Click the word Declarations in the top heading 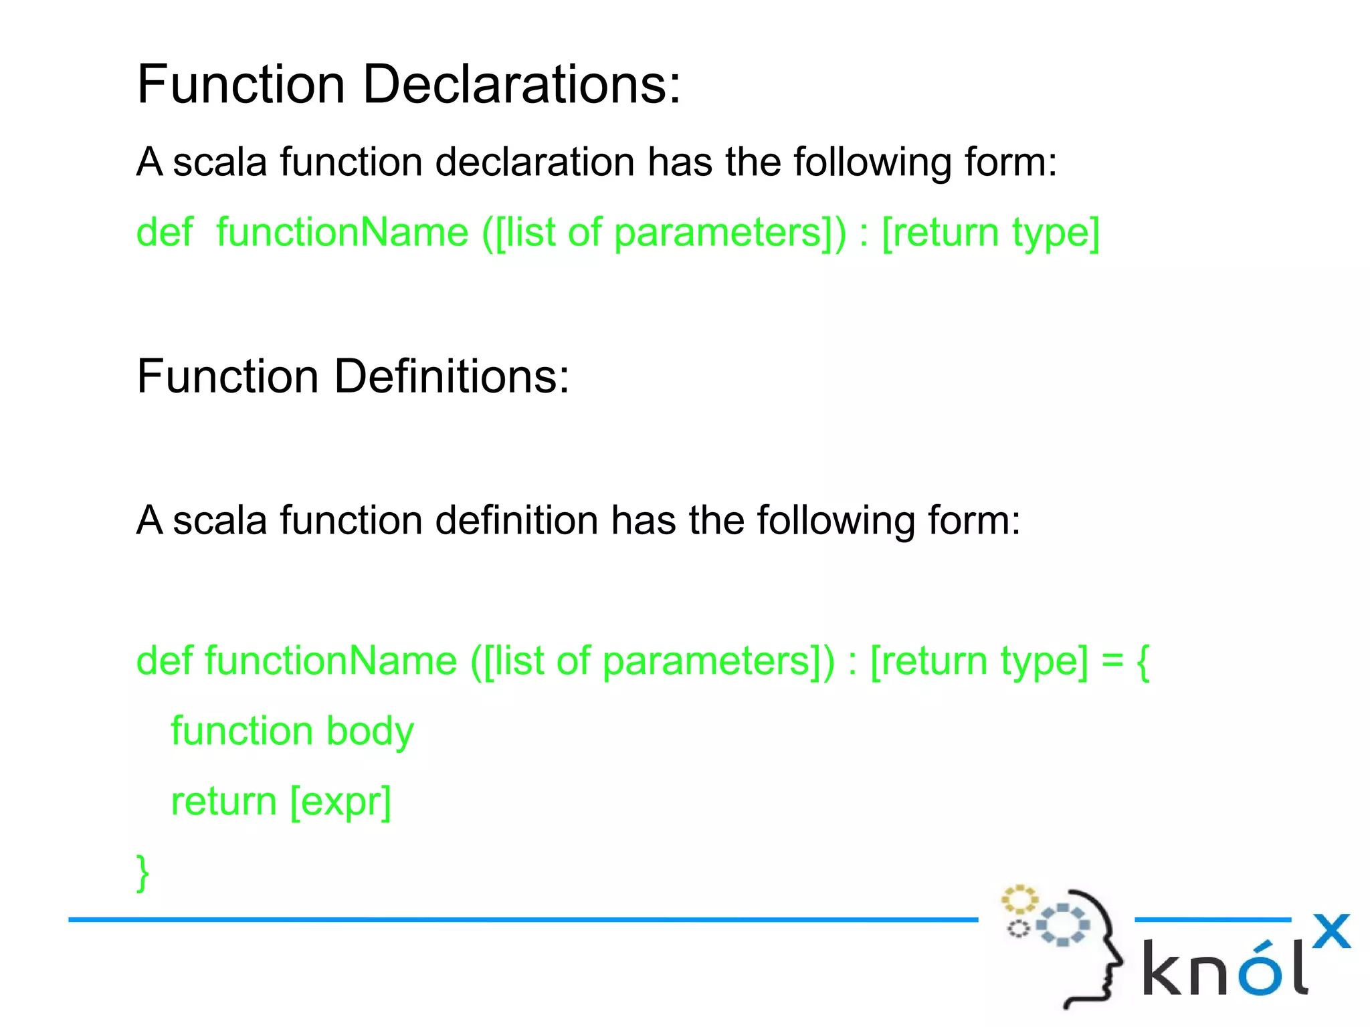click(x=522, y=85)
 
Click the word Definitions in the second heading click(x=452, y=376)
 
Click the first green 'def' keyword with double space click(x=165, y=233)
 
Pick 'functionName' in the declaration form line click(x=342, y=233)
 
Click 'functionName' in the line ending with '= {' click(x=330, y=661)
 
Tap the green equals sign click(x=1112, y=661)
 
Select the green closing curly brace click(x=142, y=873)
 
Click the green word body click(x=370, y=731)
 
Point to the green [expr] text click(x=340, y=802)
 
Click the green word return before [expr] click(x=223, y=802)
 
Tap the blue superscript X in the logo click(x=1331, y=931)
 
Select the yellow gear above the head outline click(x=1019, y=900)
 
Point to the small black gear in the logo click(x=1018, y=929)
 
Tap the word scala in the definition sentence click(x=220, y=521)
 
